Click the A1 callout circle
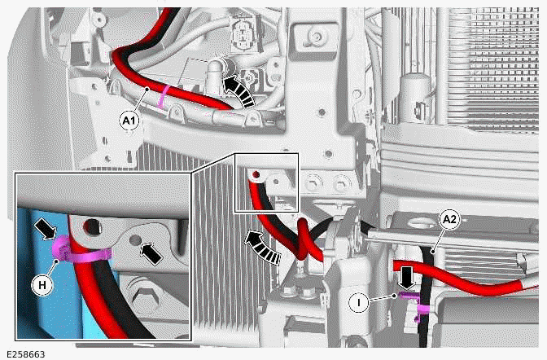pos(129,121)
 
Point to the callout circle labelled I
pos(355,302)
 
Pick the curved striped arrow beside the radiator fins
pos(265,244)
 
